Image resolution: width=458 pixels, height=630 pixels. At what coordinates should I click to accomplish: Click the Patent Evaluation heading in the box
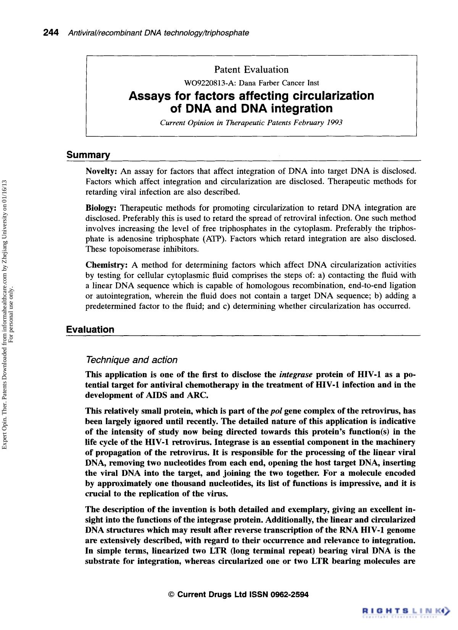251,69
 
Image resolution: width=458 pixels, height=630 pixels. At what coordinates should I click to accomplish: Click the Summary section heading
88,155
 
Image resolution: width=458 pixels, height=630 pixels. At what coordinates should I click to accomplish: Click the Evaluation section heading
90,330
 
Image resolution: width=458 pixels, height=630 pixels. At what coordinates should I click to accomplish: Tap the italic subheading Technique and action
132,360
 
